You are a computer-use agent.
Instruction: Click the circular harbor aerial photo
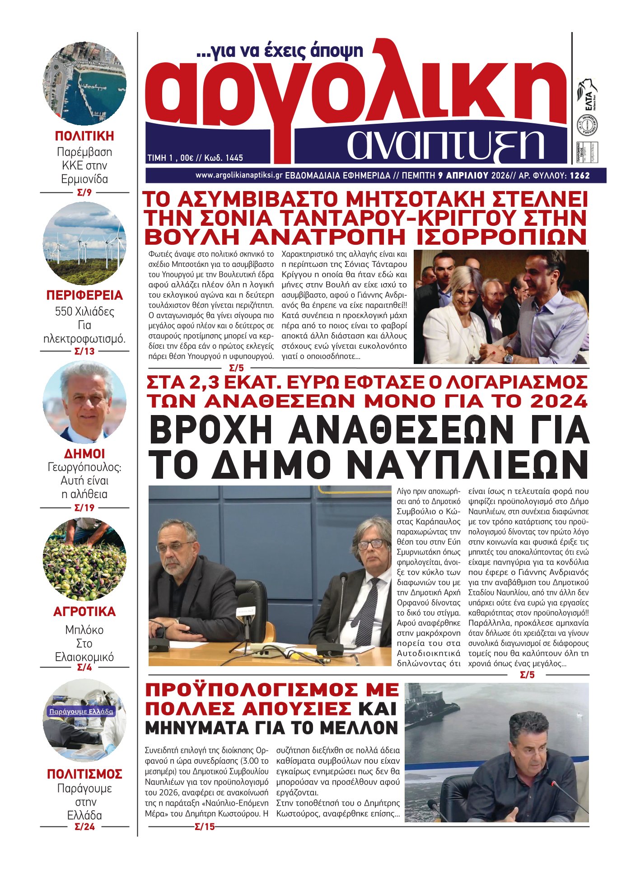tap(84, 84)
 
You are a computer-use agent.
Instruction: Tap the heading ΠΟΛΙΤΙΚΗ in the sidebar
tap(84, 136)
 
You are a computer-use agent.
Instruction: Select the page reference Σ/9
tap(84, 193)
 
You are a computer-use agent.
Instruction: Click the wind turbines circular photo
tap(84, 243)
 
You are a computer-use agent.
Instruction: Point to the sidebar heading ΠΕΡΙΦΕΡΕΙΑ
tap(84, 295)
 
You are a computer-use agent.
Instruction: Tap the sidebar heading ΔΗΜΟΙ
tap(84, 453)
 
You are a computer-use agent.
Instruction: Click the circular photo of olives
tap(84, 560)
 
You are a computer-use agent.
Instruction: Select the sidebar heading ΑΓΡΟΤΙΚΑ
tap(84, 611)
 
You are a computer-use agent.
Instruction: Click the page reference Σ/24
tap(84, 827)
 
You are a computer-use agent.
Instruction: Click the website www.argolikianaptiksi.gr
tap(239, 175)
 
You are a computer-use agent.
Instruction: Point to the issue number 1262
tap(579, 176)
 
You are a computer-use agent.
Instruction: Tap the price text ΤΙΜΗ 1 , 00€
tap(170, 158)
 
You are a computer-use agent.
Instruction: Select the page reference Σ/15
tap(205, 827)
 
